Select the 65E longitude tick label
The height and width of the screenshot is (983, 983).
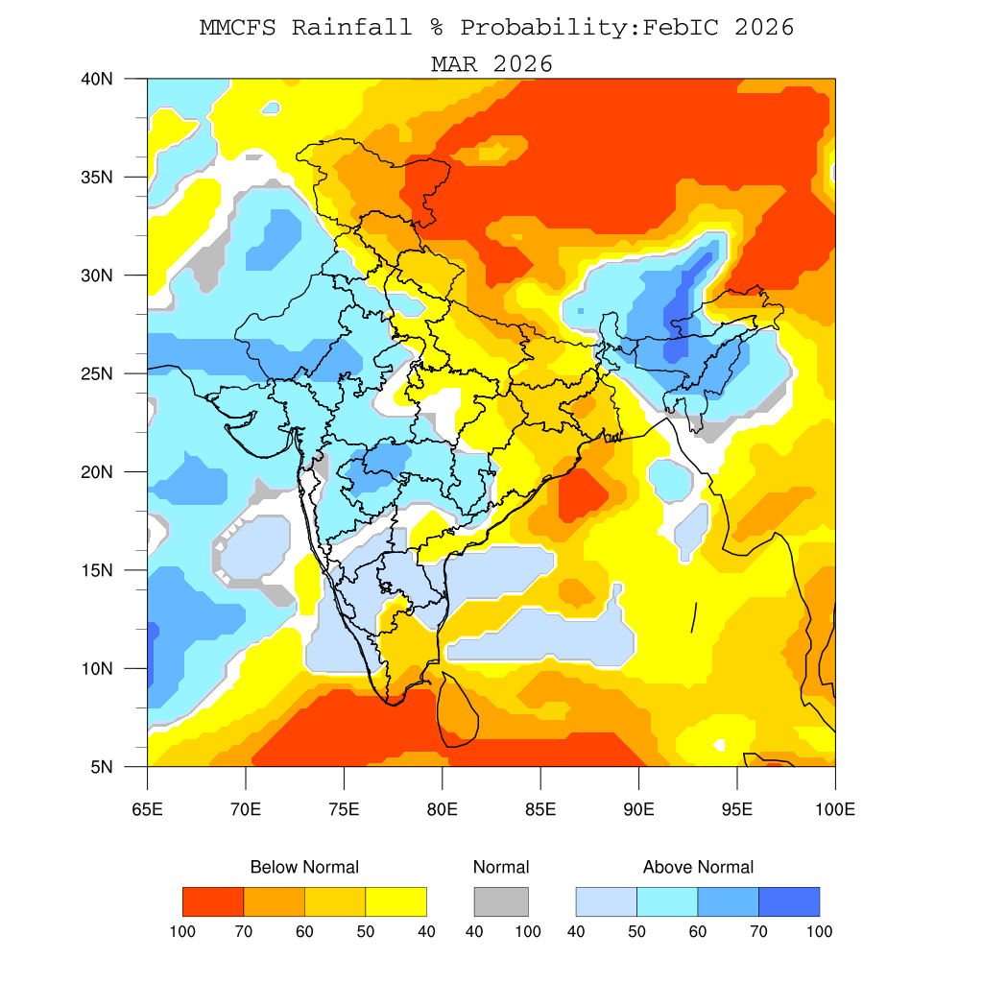[147, 809]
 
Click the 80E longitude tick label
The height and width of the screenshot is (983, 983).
[442, 809]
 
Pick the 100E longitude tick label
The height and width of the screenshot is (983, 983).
[834, 809]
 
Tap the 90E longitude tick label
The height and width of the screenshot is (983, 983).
[638, 809]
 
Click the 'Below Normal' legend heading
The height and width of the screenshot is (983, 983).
[304, 867]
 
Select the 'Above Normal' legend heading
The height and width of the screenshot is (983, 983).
[698, 867]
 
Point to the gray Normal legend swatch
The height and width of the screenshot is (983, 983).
[501, 901]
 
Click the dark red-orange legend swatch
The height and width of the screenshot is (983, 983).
[213, 901]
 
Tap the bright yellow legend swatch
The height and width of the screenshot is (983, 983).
[396, 901]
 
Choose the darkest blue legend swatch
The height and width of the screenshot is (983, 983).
[789, 901]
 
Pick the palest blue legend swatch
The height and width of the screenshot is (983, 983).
[606, 901]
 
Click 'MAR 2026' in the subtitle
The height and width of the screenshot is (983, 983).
[491, 63]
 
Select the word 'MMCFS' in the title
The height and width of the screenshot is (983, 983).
[237, 27]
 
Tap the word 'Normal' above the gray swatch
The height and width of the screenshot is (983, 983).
[501, 867]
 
